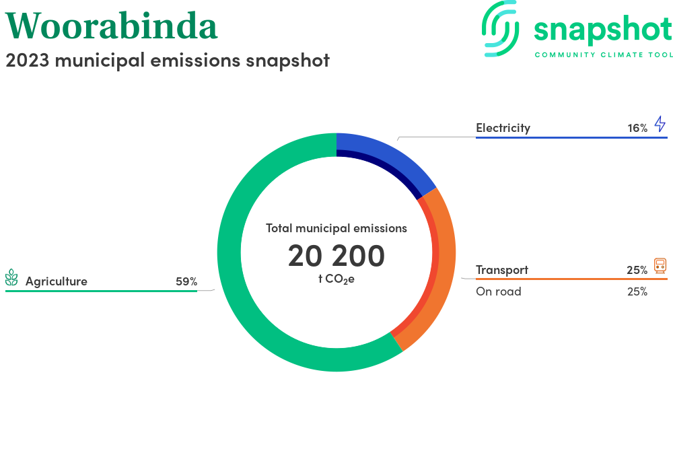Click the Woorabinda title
coord(111,26)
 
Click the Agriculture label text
coord(57,281)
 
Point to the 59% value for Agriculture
coord(186,281)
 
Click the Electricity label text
coord(503,128)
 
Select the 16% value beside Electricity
coord(637,128)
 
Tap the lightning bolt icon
coord(660,124)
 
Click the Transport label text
coord(502,270)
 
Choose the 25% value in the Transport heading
coord(637,270)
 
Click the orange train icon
coord(660,266)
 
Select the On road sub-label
coord(498,291)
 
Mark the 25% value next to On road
coord(637,291)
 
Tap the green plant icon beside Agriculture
coord(11,277)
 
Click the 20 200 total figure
coord(336,256)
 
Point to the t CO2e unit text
coord(336,279)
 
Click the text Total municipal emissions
coord(336,228)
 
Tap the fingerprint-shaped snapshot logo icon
coord(500,28)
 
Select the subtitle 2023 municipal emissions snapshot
coord(168,61)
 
